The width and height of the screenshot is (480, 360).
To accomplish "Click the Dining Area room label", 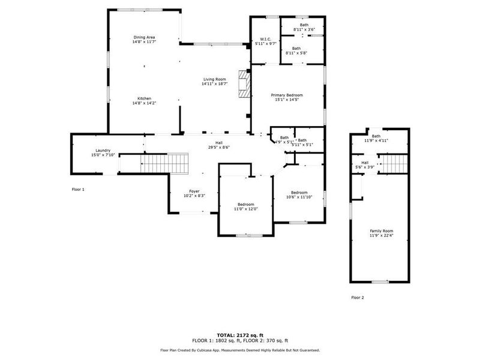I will [x=144, y=38].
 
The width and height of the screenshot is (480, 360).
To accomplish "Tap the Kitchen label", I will [x=144, y=98].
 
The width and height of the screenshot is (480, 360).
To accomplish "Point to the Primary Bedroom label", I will [x=287, y=95].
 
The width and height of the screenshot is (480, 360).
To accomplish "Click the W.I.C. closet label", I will [x=266, y=39].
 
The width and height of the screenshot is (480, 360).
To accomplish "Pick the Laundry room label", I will [x=103, y=150].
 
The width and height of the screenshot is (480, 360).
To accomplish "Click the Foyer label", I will [x=194, y=191].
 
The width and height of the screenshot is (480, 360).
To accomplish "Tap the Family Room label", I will [x=381, y=231].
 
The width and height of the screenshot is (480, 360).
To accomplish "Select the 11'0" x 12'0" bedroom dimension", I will [x=245, y=209].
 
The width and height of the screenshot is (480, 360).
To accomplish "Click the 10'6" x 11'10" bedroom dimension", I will [x=299, y=197].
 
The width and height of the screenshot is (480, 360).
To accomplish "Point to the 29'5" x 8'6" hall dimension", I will [x=219, y=148].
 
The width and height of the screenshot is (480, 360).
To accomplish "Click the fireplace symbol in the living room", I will [x=242, y=83].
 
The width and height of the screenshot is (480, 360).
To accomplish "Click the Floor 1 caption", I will [x=79, y=190].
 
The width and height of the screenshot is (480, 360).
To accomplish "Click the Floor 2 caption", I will [x=358, y=298].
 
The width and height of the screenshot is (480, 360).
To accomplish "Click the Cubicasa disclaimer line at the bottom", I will [x=239, y=350].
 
